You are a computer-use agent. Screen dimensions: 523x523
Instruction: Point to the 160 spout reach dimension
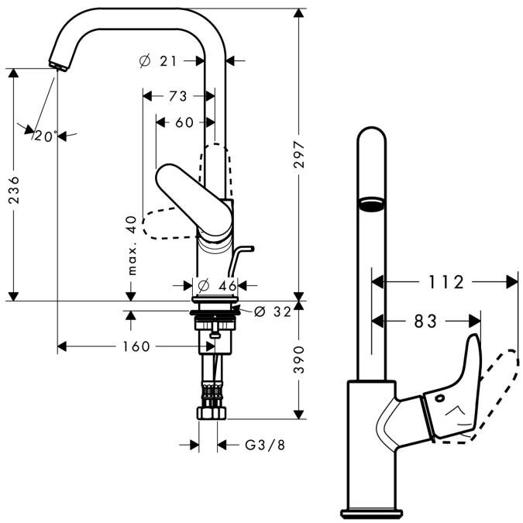tap(136, 346)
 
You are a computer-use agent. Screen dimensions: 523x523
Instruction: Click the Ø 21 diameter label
tap(164, 60)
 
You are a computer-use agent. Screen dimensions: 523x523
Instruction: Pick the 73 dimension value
tap(177, 96)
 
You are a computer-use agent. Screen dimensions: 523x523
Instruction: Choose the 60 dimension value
tap(184, 122)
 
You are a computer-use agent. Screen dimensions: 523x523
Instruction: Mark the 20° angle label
tap(44, 136)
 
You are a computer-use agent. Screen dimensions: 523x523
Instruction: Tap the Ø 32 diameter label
tap(272, 311)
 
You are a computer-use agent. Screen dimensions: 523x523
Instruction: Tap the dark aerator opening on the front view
tap(371, 204)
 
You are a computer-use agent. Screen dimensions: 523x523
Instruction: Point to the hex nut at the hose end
tap(211, 411)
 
